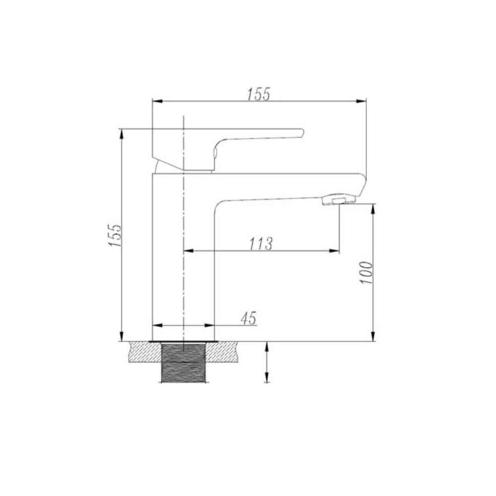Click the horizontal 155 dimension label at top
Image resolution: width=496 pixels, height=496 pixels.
[x=258, y=94]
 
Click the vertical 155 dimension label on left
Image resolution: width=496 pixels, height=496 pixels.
[x=115, y=236]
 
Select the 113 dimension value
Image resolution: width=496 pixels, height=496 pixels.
[x=261, y=244]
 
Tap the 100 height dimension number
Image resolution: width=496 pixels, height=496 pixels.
[x=367, y=273]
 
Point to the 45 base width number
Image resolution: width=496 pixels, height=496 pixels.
[x=248, y=318]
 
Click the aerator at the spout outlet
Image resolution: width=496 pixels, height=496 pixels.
[x=339, y=200]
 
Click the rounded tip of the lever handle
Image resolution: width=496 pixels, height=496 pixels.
[x=301, y=133]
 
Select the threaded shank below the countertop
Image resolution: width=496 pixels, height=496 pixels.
[x=184, y=363]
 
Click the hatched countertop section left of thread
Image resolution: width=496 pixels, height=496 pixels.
[x=145, y=352]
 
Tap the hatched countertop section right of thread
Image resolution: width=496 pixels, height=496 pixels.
[x=221, y=352]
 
